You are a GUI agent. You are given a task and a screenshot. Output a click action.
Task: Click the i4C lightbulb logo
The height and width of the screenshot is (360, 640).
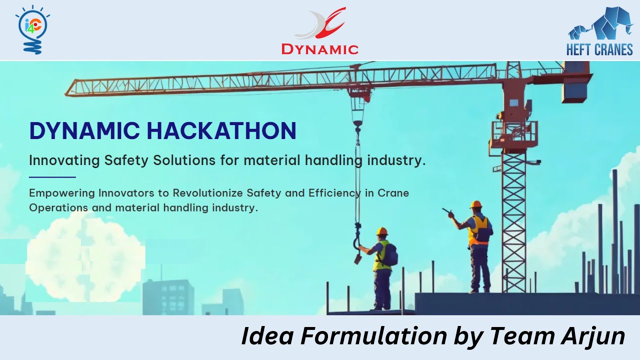(32, 29)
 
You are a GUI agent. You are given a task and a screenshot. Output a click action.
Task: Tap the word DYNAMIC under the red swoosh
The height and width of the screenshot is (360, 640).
(320, 49)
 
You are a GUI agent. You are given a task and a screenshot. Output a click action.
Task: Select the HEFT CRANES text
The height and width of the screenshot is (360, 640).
(599, 49)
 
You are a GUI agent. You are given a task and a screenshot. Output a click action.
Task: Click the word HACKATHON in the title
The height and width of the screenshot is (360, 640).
(222, 131)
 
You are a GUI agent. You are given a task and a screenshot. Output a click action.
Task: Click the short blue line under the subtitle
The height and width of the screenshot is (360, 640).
(52, 177)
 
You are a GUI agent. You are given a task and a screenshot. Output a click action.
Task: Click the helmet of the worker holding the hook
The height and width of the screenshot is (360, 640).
(382, 231)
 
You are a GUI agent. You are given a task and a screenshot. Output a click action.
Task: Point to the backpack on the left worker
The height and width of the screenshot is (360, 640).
(391, 255)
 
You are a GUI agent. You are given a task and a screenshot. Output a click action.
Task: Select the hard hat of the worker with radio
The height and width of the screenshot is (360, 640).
(475, 204)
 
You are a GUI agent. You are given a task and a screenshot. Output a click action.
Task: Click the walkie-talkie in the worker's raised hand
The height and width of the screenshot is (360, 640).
(445, 211)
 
